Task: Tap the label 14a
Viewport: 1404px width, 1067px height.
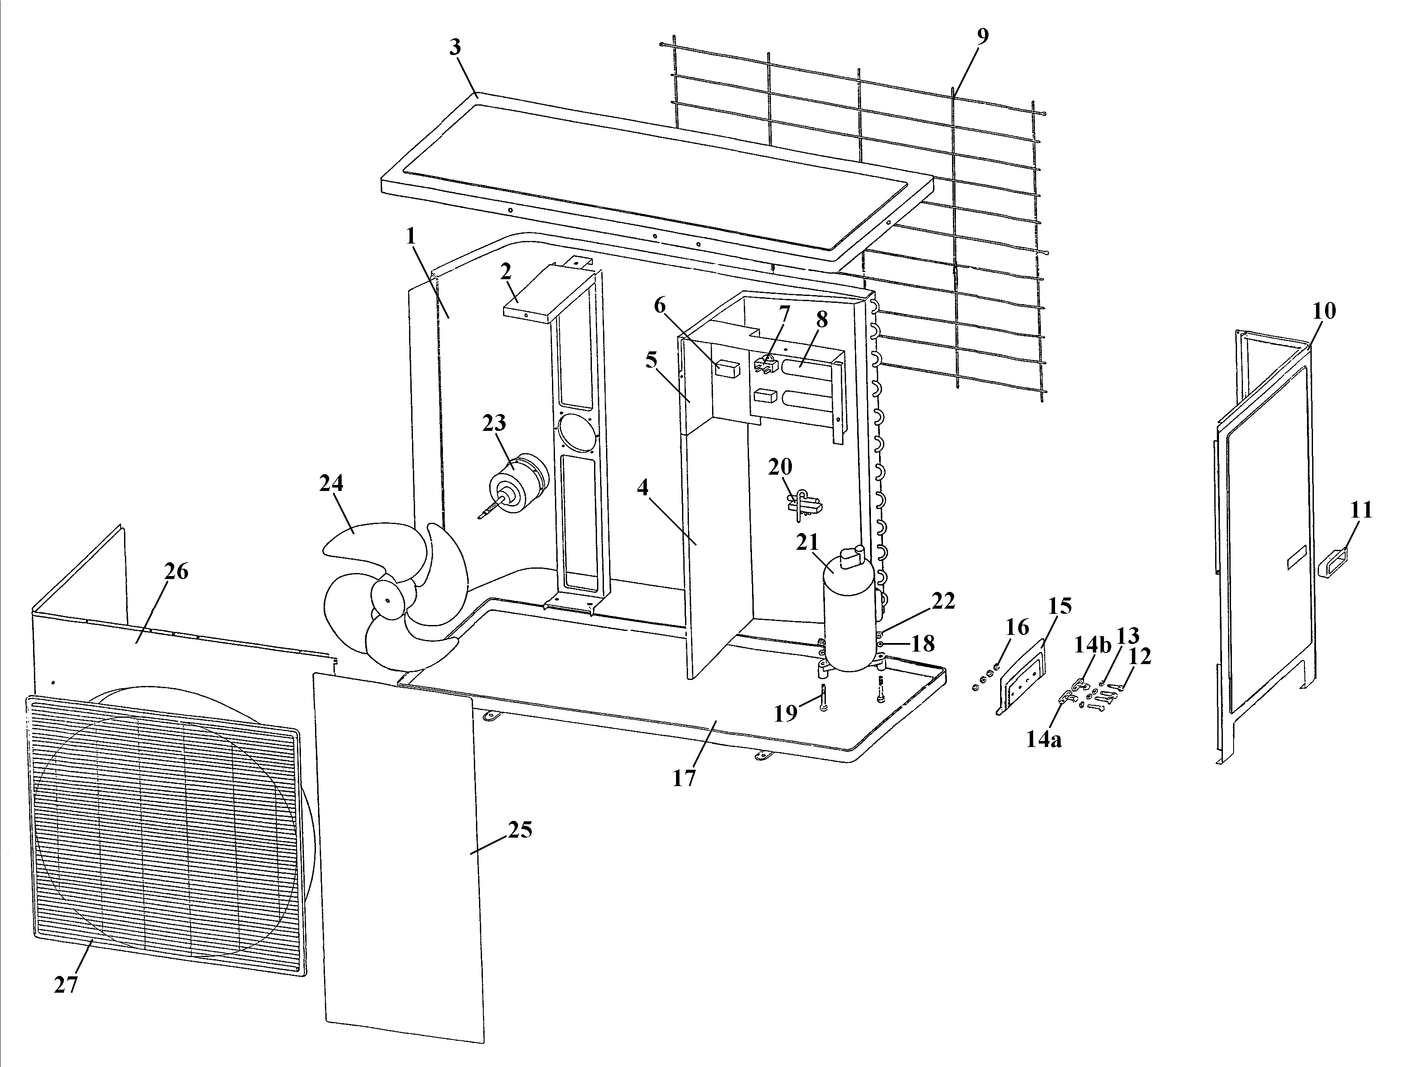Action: [1043, 739]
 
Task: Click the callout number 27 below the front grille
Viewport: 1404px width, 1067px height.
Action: [65, 985]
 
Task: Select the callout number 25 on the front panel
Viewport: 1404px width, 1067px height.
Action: [520, 830]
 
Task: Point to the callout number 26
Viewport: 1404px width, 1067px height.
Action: [176, 572]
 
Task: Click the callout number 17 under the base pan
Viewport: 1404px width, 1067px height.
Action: [684, 777]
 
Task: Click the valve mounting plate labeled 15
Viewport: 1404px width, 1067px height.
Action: [1022, 677]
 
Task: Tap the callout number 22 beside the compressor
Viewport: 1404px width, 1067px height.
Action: [943, 601]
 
